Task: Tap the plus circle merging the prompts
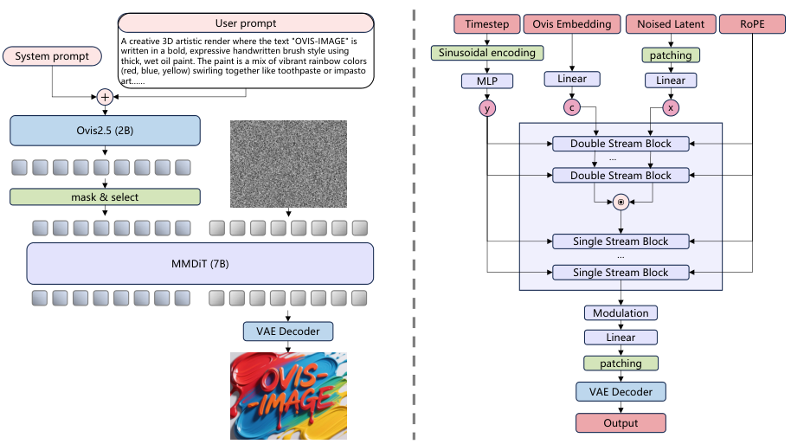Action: click(105, 97)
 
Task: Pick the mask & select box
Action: click(105, 196)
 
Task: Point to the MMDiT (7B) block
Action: click(200, 262)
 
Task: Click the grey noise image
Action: click(288, 164)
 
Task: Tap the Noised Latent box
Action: click(671, 24)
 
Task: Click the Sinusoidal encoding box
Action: click(486, 53)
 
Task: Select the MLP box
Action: click(486, 80)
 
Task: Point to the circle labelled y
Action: click(486, 108)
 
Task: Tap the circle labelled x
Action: click(671, 108)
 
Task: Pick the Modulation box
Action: click(621, 312)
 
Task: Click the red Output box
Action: click(621, 423)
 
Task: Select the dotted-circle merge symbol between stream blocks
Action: click(621, 203)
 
